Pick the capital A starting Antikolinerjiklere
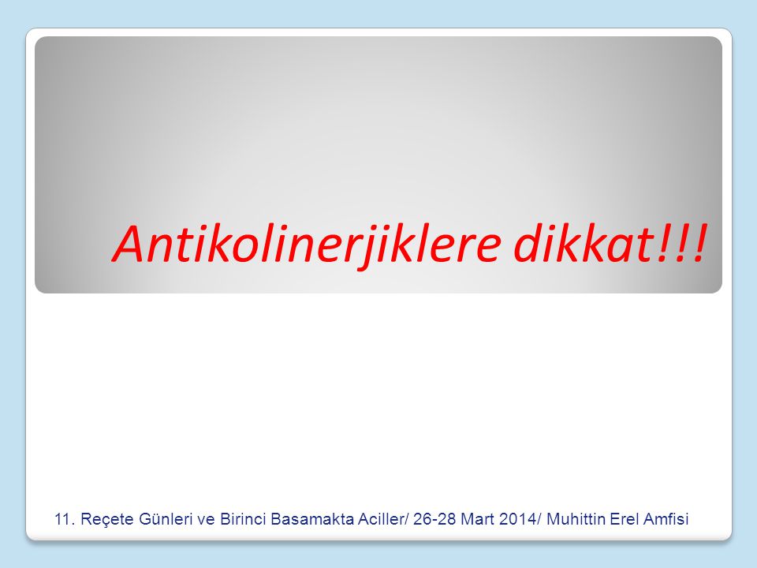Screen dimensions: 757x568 pos(132,244)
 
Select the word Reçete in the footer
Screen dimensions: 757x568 pos(106,520)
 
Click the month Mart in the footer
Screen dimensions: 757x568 pos(478,519)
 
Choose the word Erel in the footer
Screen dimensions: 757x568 pos(625,519)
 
